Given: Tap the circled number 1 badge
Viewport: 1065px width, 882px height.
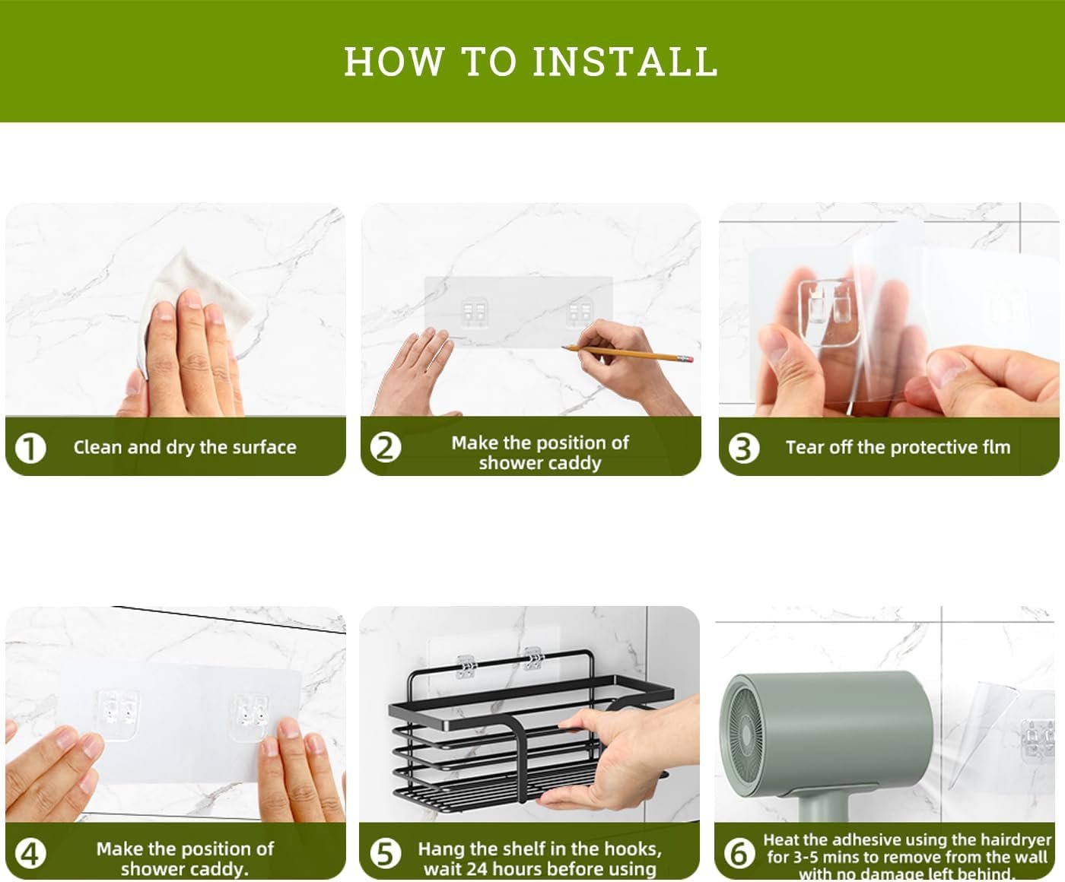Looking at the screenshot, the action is [30, 448].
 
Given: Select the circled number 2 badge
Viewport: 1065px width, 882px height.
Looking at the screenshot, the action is [386, 448].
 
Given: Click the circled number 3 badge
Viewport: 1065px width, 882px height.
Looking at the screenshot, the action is [744, 448].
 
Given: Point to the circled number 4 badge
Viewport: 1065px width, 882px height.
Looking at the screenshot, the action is [30, 853].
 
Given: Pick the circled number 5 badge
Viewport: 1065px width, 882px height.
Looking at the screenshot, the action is [385, 853].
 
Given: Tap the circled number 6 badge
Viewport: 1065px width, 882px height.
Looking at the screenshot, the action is [739, 853].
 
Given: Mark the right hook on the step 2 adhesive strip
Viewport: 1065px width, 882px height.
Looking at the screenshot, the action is [580, 312].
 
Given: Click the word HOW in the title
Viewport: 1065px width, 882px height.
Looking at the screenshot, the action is [394, 62].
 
